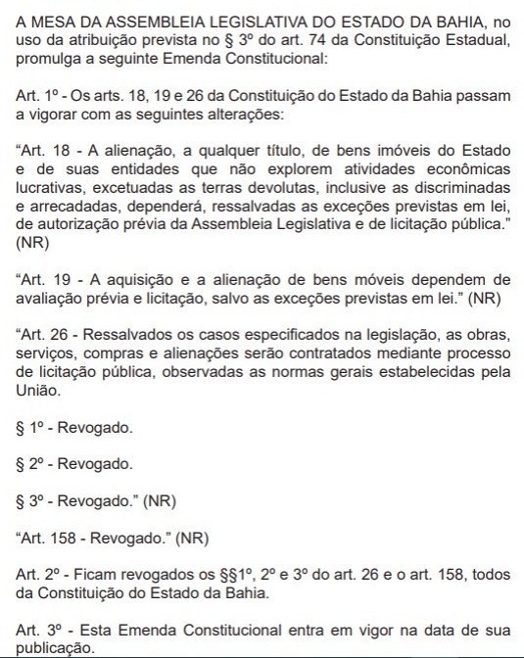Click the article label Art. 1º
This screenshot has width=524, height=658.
pyautogui.click(x=35, y=94)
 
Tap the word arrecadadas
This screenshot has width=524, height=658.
pyautogui.click(x=76, y=207)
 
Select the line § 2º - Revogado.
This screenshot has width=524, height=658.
pyautogui.click(x=74, y=463)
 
